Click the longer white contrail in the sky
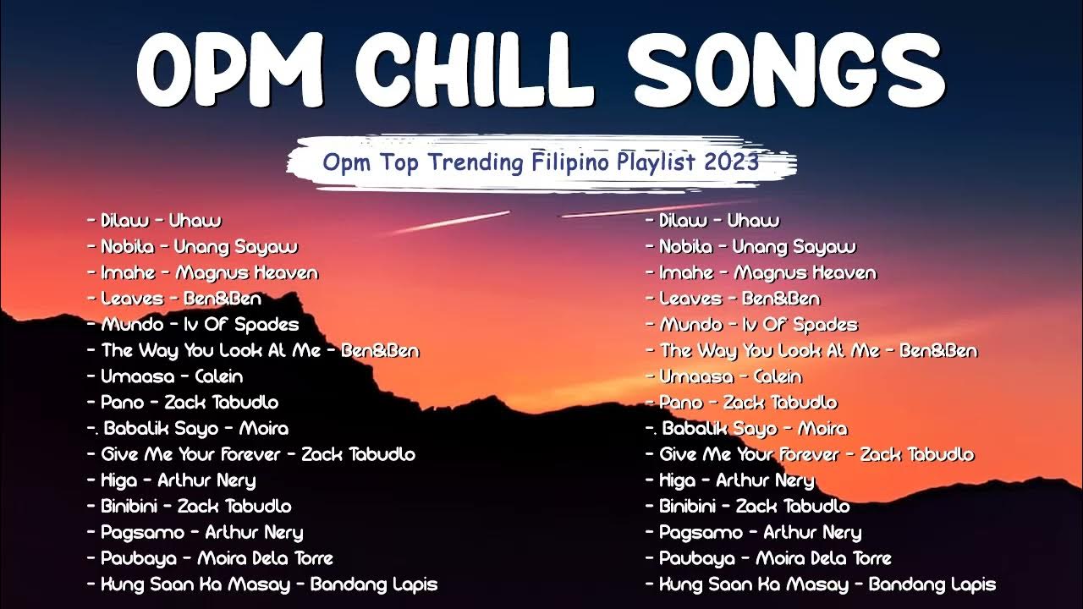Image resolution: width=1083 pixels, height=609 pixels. click(x=448, y=221)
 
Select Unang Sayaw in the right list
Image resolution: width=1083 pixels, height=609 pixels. click(x=793, y=247)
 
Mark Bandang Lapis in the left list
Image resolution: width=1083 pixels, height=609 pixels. click(x=373, y=584)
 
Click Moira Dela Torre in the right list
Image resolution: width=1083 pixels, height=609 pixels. click(x=822, y=558)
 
